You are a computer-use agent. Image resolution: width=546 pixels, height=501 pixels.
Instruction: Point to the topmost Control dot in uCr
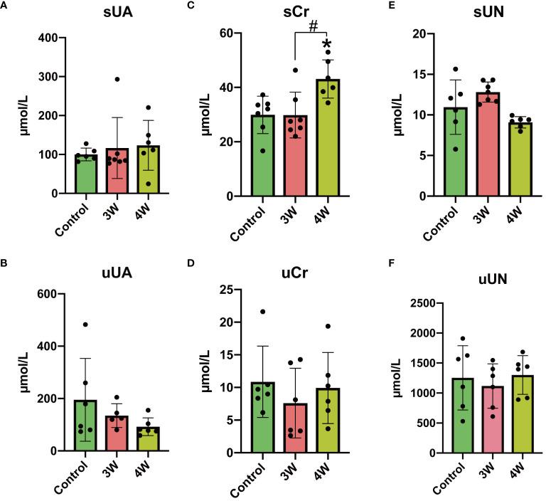(262, 312)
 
